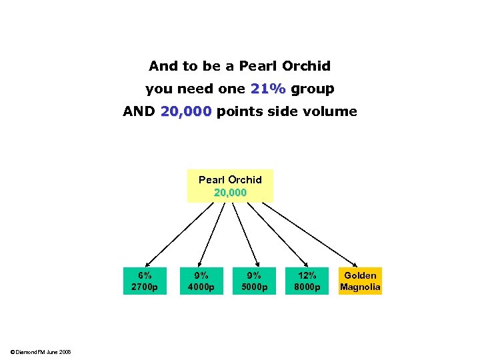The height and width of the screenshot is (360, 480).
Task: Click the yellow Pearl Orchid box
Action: tap(230, 185)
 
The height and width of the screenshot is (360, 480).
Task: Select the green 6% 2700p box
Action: tap(145, 281)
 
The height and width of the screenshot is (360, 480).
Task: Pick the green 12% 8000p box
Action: tap(307, 281)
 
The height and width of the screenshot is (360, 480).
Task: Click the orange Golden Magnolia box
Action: tap(360, 281)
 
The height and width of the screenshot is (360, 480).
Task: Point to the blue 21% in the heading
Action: tap(268, 89)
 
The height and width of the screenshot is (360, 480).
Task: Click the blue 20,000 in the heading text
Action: tap(185, 111)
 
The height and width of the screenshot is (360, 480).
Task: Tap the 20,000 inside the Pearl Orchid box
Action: tap(230, 192)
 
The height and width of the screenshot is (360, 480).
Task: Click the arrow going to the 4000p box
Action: tap(212, 233)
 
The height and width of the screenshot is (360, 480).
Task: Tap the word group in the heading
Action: tap(313, 89)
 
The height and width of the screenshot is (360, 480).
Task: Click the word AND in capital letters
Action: tap(139, 111)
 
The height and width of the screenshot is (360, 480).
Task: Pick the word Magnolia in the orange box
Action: tap(360, 287)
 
